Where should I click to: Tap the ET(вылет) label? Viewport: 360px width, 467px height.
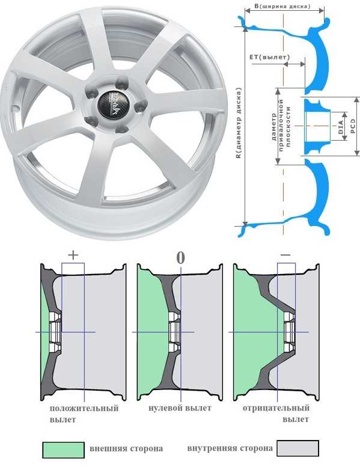[x=269, y=56]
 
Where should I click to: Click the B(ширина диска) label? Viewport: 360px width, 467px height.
[x=282, y=5]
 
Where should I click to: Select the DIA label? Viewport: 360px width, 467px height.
[x=341, y=127]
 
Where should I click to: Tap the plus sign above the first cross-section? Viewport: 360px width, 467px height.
[x=73, y=255]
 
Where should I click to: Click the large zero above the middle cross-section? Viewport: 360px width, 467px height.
[x=180, y=258]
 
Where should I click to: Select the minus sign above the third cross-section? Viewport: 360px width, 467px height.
[x=285, y=255]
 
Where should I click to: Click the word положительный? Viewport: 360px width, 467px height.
[x=84, y=408]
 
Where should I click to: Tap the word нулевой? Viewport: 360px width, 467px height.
[x=163, y=407]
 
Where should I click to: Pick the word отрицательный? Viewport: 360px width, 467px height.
[x=276, y=408]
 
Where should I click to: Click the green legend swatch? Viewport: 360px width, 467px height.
[x=64, y=450]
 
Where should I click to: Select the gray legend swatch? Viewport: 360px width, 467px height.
[x=297, y=448]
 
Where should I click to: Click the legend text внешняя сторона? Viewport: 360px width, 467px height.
[x=126, y=448]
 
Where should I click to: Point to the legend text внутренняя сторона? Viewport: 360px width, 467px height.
[x=230, y=448]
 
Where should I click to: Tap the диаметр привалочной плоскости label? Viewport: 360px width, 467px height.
[x=281, y=126]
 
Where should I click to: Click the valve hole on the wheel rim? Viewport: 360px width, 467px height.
[x=13, y=108]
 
